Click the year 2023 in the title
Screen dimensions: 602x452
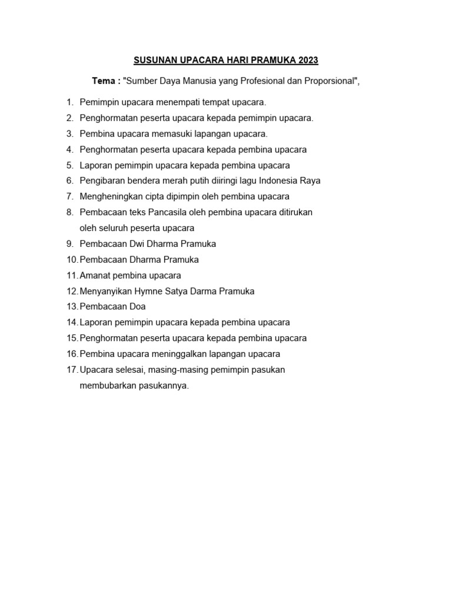[308, 60]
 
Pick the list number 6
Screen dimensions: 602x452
[69, 180]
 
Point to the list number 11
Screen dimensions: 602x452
[72, 275]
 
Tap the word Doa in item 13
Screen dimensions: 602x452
[137, 306]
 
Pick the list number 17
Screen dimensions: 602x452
[72, 370]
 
